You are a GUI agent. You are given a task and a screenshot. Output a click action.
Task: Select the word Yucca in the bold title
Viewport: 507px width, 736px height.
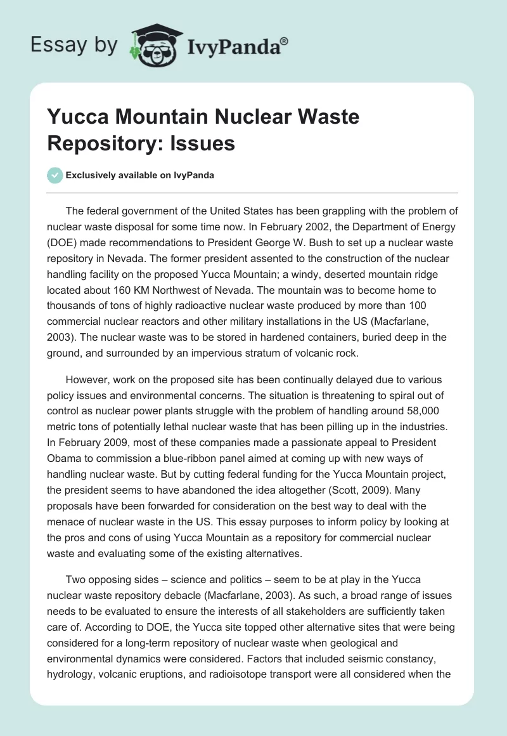[75, 117]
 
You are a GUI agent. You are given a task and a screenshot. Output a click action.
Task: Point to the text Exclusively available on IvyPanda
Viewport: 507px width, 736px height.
[139, 175]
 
